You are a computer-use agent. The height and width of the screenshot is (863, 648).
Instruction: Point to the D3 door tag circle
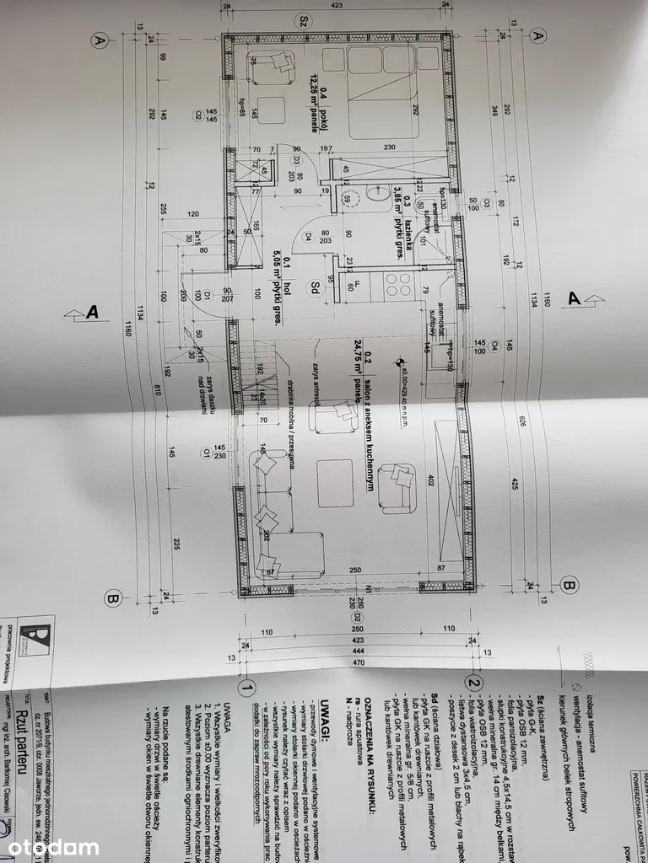296,160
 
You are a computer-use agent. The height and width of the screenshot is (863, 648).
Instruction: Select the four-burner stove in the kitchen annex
397,286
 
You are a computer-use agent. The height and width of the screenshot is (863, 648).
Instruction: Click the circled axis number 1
247,687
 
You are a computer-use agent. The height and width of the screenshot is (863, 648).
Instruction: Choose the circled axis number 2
476,683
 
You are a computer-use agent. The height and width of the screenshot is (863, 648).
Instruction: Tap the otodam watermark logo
53,846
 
